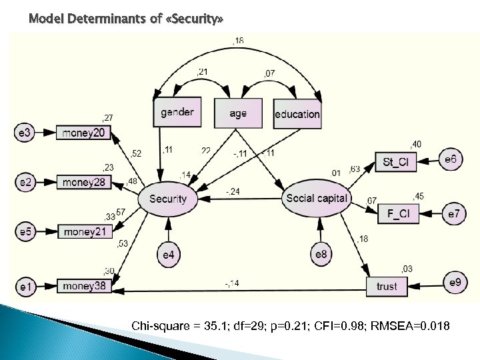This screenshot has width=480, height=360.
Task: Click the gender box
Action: tap(177, 113)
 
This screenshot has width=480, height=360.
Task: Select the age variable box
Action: tap(238, 113)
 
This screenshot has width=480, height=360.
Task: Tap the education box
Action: tap(297, 113)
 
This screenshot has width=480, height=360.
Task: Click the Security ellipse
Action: tap(168, 199)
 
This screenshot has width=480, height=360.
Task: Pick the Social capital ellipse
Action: tap(316, 198)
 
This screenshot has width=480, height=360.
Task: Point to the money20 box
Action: tap(83, 133)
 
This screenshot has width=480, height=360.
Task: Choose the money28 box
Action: tap(83, 181)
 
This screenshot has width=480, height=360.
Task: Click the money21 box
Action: tap(83, 231)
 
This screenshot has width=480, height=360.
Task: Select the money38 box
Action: tap(83, 287)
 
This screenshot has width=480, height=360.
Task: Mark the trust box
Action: tap(387, 287)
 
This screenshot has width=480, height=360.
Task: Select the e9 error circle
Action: tap(454, 283)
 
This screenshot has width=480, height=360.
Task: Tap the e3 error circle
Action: tap(25, 133)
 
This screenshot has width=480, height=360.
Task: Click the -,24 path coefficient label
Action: tap(232, 192)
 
